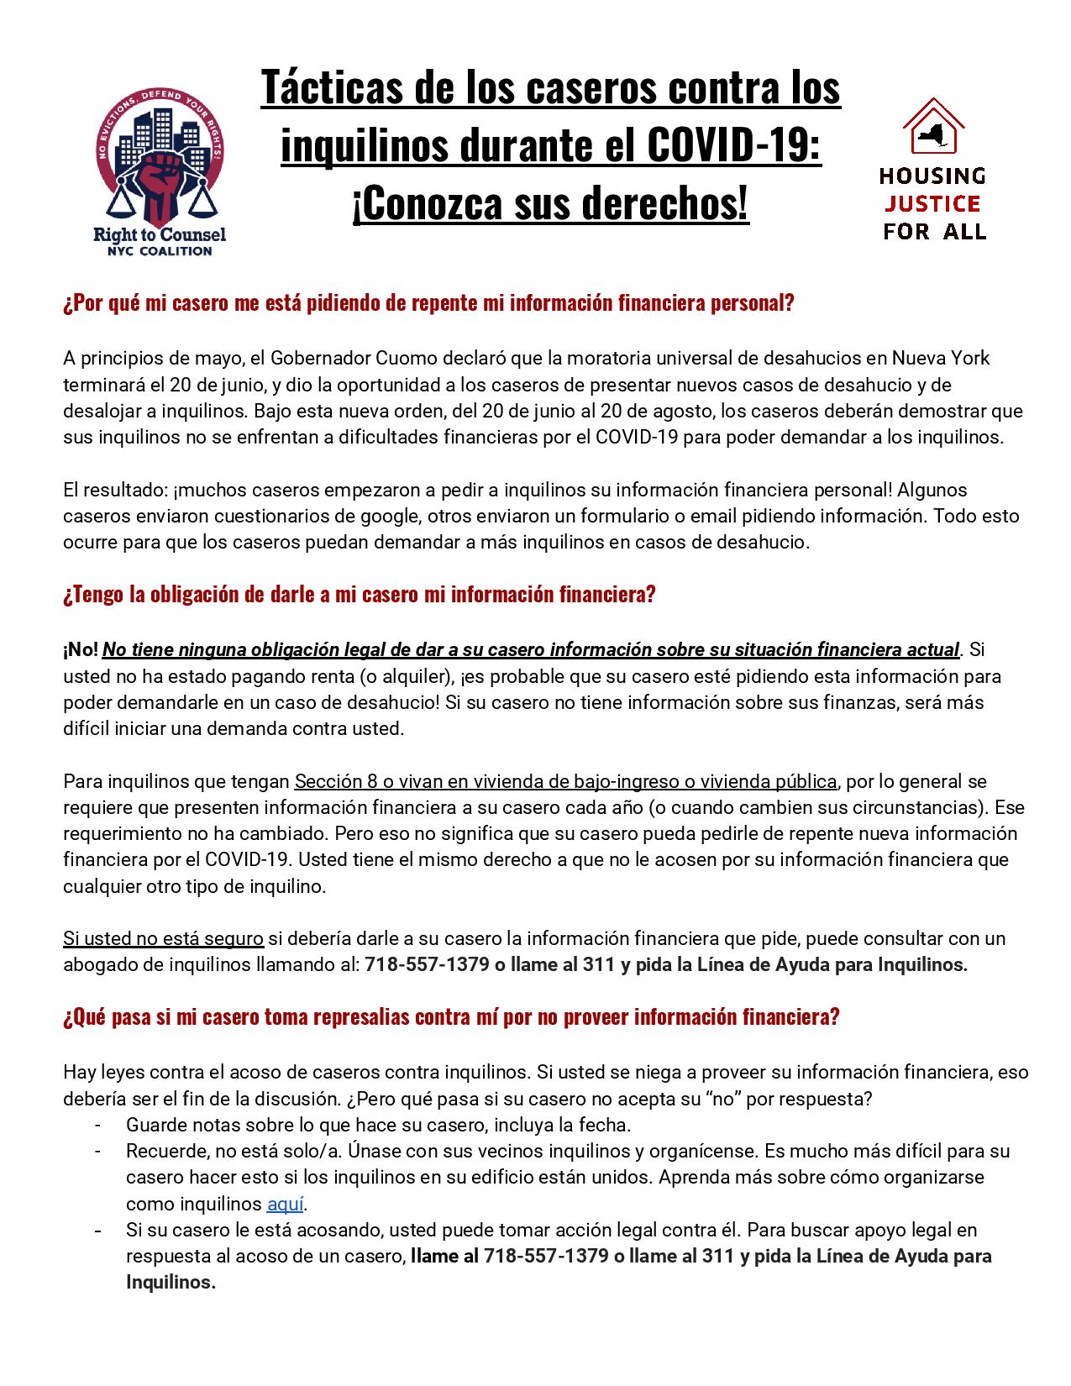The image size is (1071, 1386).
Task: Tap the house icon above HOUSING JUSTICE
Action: (932, 128)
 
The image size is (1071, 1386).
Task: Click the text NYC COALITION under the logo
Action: (159, 250)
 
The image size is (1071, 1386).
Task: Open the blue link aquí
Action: (285, 1204)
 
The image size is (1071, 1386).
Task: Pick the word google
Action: (413, 516)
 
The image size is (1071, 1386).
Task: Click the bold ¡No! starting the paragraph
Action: (81, 650)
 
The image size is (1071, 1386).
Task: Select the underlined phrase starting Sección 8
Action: (565, 782)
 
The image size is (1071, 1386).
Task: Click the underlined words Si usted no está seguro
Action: (163, 938)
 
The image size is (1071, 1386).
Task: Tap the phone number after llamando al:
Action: (427, 964)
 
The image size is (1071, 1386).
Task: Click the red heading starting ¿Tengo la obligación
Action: (359, 595)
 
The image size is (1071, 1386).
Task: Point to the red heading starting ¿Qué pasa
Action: (451, 1017)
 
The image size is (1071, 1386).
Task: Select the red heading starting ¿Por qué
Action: (428, 303)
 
